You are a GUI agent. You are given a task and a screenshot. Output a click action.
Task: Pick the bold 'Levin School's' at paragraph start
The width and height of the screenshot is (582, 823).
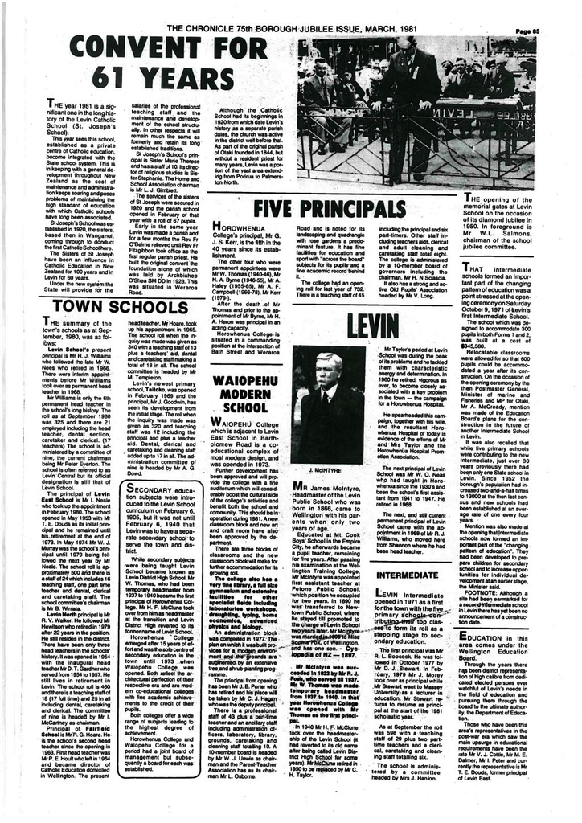tap(68, 350)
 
